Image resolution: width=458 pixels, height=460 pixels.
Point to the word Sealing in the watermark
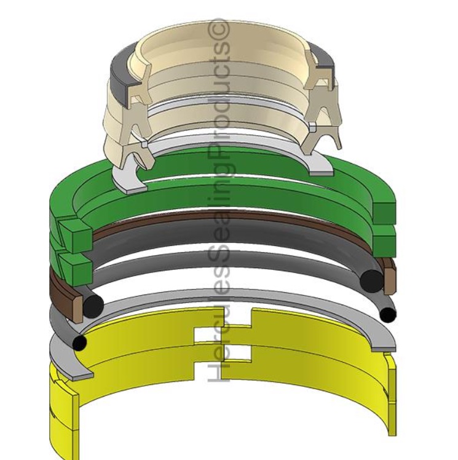(x=220, y=203)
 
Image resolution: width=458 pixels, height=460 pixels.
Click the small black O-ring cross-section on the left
(x=80, y=343)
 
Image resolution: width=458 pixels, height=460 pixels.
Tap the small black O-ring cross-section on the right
(x=388, y=315)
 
